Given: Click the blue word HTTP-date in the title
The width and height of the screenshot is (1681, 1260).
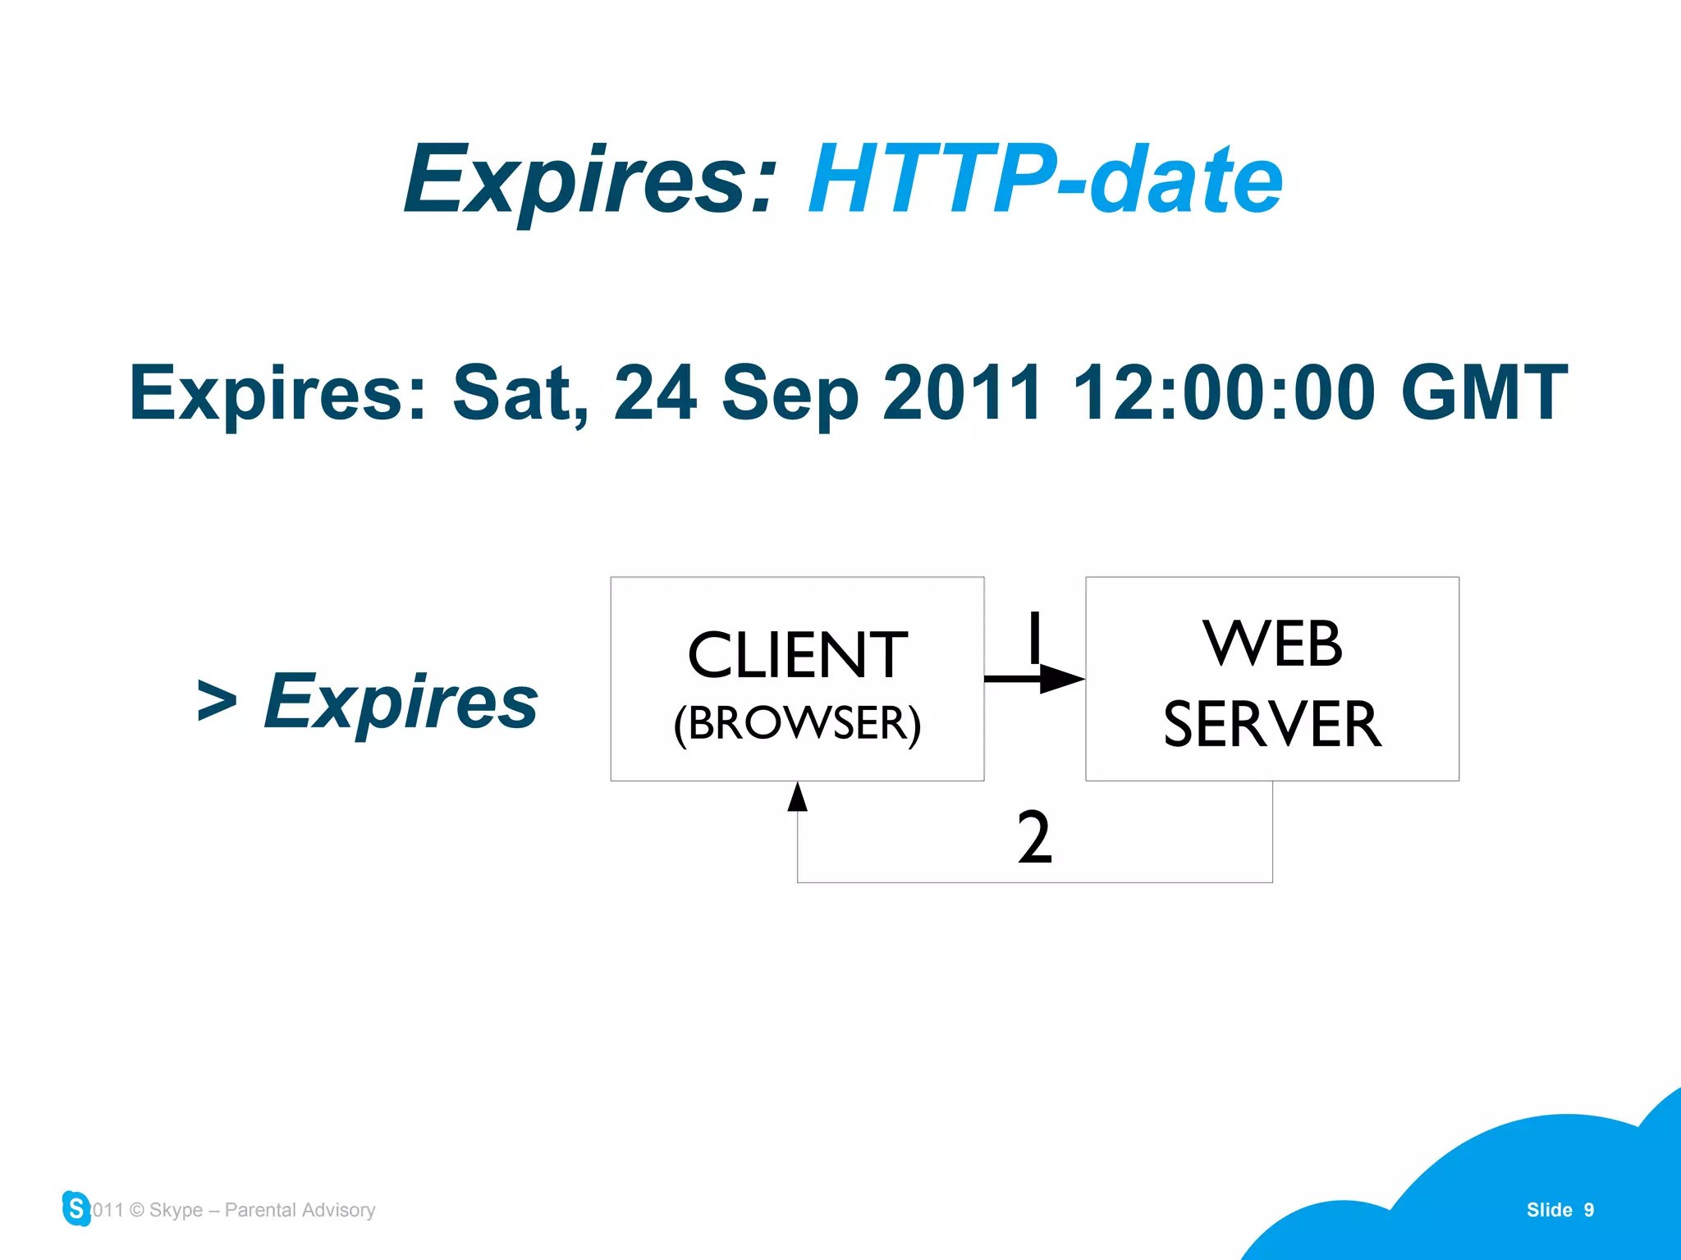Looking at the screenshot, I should coord(1045,180).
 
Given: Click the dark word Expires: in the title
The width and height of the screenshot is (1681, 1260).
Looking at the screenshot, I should coord(589,180).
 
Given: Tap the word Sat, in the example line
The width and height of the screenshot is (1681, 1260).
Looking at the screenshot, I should coord(520,393).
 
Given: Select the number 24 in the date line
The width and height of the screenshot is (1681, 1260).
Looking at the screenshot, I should coord(655,393).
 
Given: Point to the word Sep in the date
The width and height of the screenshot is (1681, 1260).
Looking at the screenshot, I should coord(789,393).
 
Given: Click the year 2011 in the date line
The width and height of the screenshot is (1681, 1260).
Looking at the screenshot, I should coord(962,393).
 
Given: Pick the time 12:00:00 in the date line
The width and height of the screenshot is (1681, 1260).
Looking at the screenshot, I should coord(1223,393).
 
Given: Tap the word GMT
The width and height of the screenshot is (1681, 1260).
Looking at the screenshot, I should coord(1484,393).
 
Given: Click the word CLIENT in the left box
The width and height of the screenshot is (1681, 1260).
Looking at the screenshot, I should coord(797,655).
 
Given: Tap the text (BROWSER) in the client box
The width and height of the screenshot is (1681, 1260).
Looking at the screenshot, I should coord(797,723).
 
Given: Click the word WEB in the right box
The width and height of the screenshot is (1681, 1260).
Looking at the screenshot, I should coord(1271,644).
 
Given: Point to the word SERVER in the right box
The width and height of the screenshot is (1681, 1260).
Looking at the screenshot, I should coord(1271,724).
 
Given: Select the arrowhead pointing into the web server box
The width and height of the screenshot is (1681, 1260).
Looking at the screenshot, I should coord(1062,679).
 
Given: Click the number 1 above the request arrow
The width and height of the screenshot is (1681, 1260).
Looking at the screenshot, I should coord(1034,637).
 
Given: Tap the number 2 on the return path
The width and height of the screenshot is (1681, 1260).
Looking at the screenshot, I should coord(1033,837).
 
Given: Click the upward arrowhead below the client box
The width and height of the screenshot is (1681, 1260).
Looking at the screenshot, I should coord(797,797).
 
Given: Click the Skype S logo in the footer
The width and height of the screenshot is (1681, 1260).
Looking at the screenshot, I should coord(76,1208).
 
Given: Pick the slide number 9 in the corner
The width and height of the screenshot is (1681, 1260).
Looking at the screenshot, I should coord(1589,1210).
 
